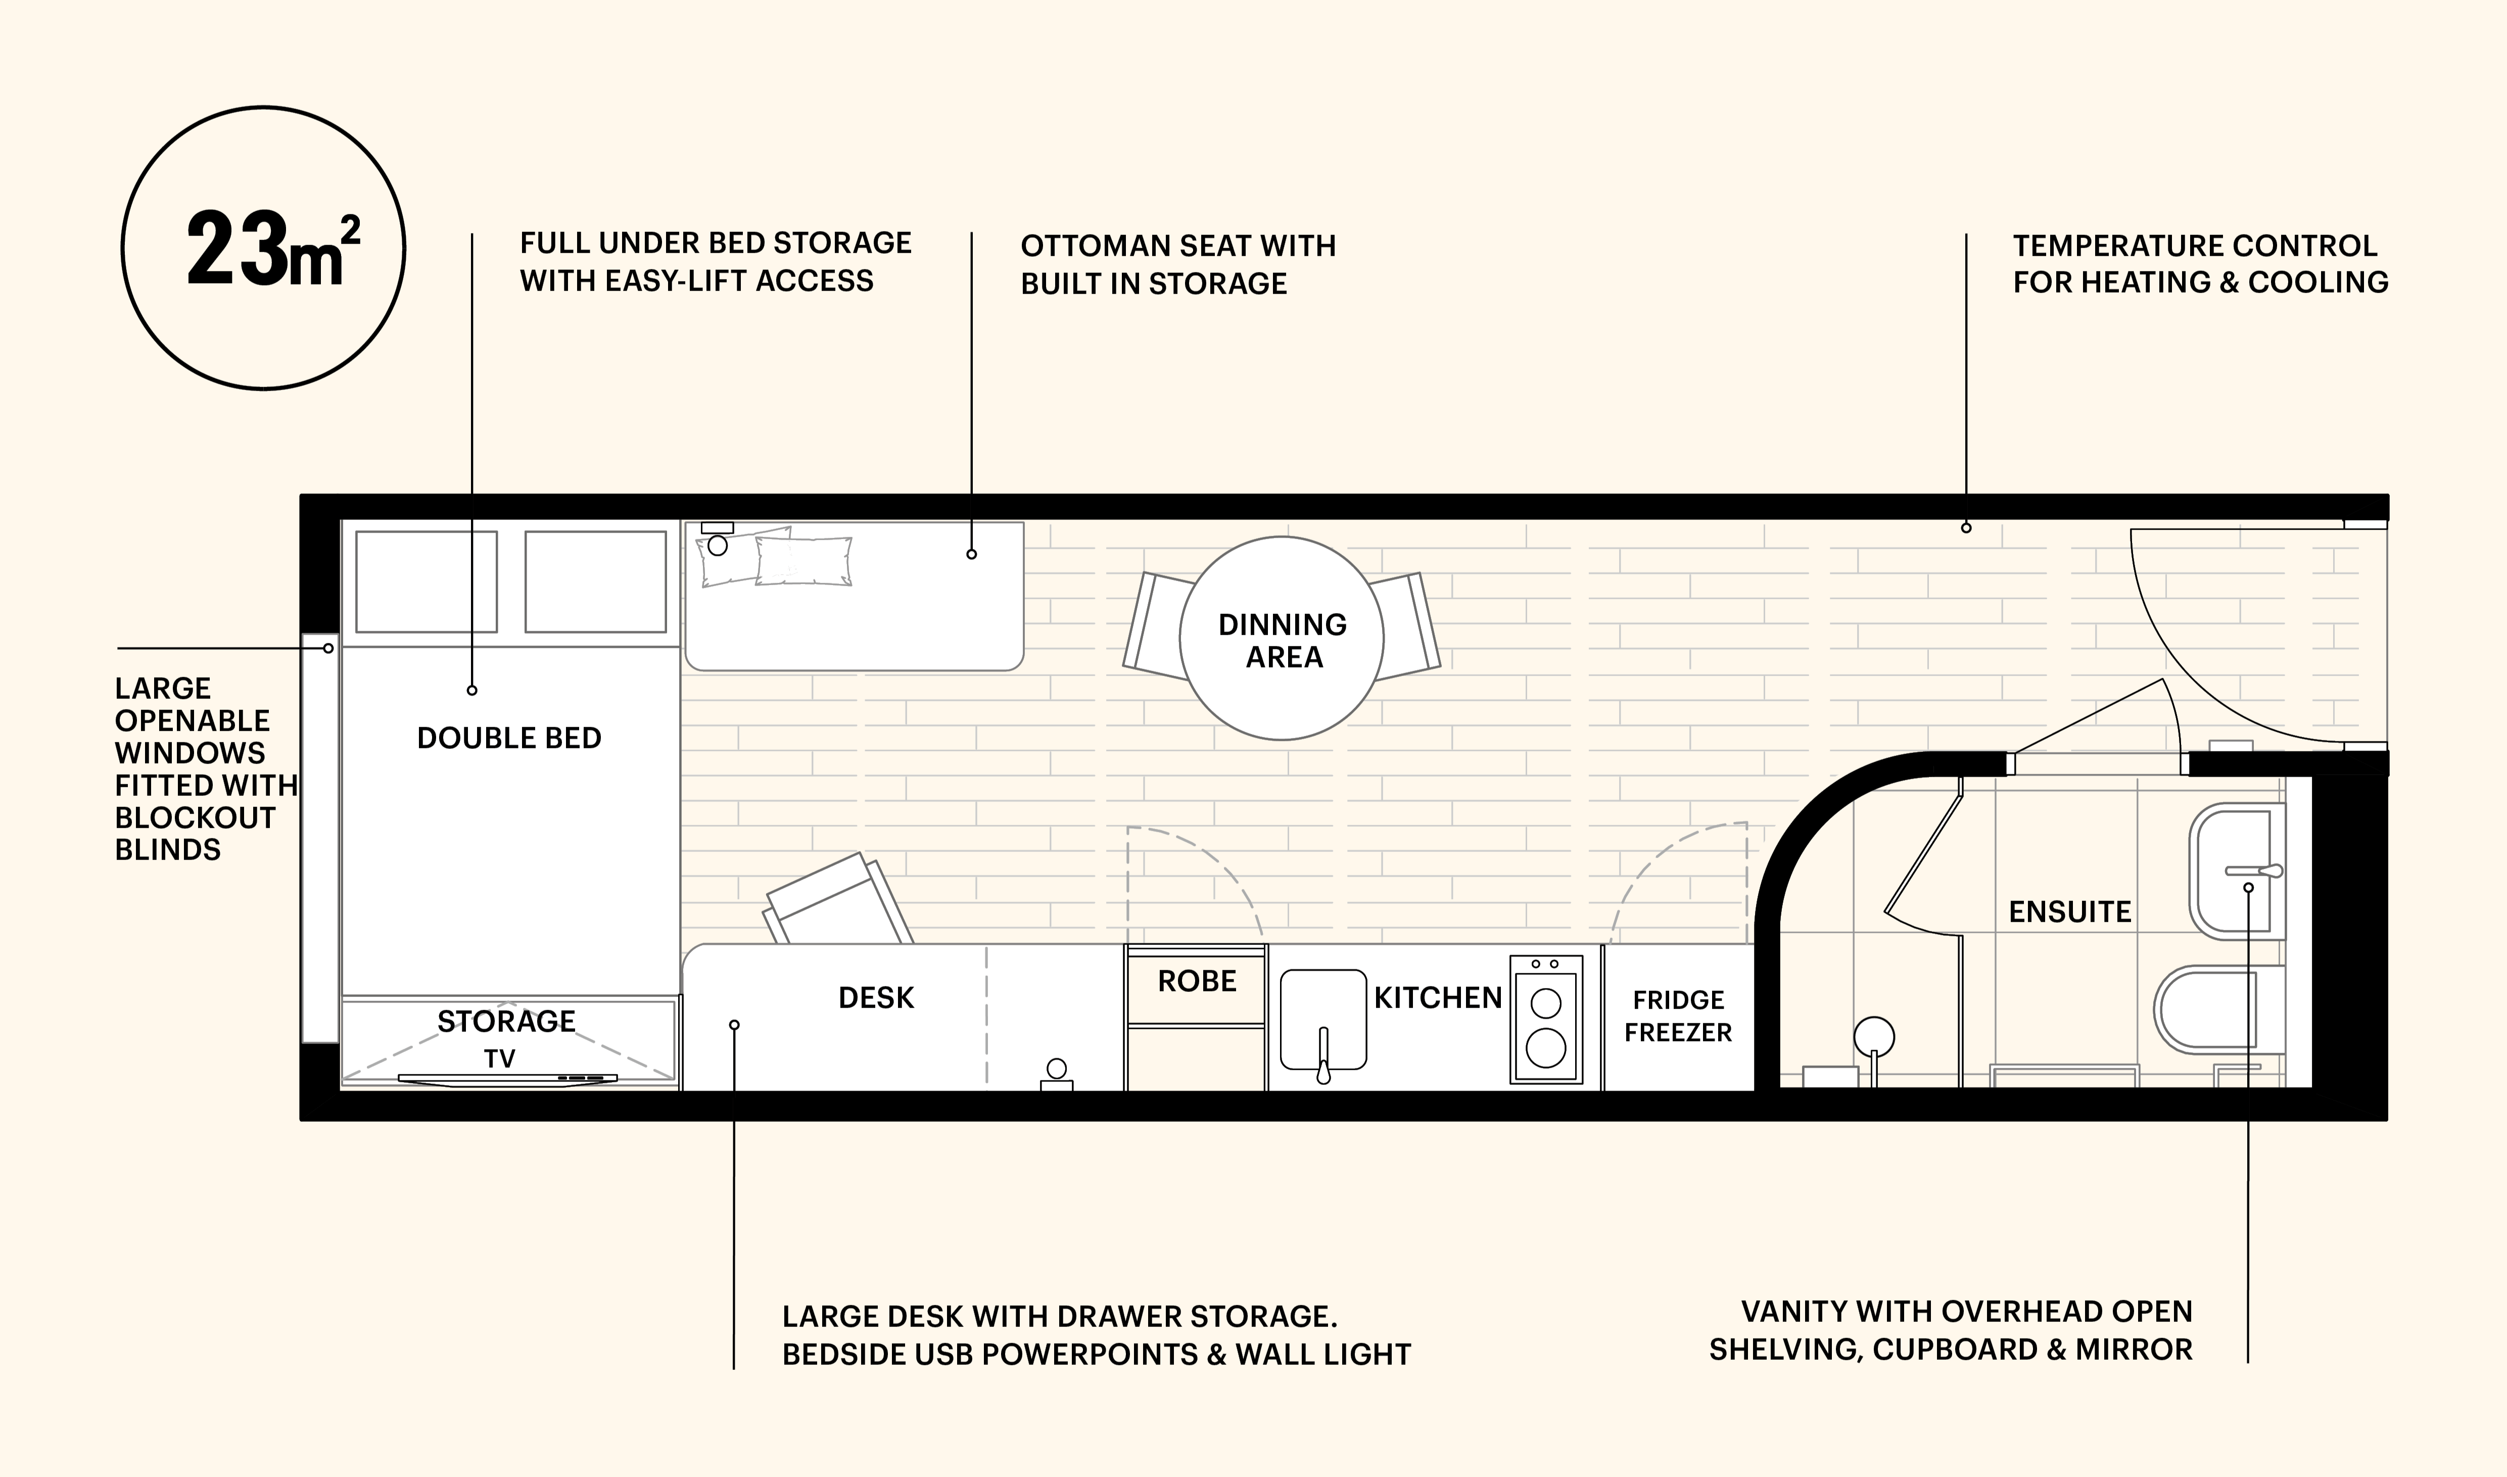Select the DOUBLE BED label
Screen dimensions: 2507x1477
pyautogui.click(x=508, y=739)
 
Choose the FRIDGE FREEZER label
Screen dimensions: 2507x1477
pyautogui.click(x=1678, y=1016)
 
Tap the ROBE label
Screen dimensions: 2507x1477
pyautogui.click(x=1196, y=981)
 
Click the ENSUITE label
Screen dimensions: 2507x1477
pyautogui.click(x=2070, y=912)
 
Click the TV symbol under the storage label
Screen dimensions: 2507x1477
pyautogui.click(x=507, y=1078)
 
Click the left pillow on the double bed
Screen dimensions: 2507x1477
pyautogui.click(x=426, y=582)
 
